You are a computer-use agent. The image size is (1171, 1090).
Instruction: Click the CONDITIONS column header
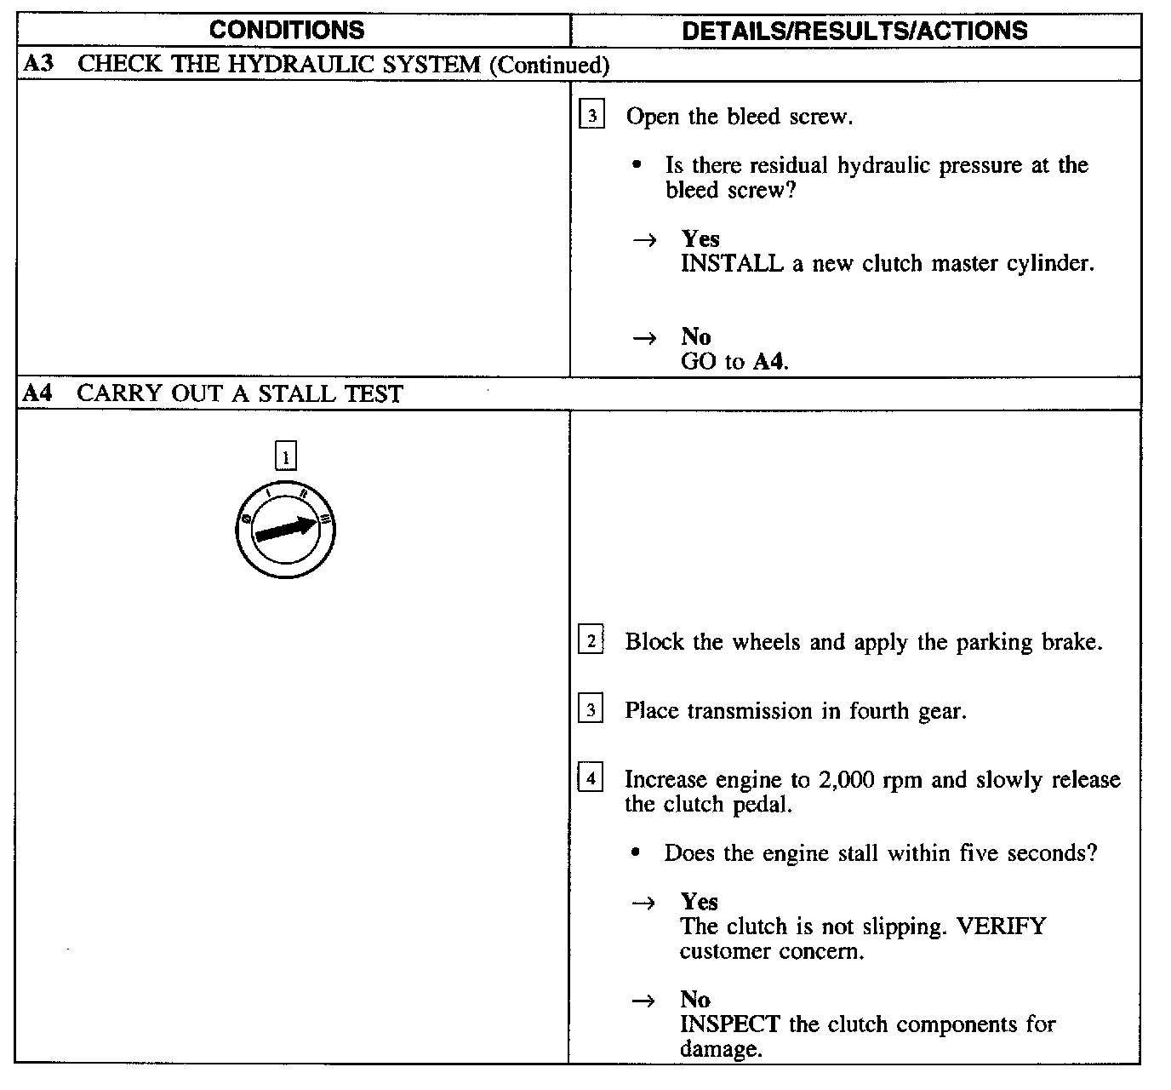tap(287, 31)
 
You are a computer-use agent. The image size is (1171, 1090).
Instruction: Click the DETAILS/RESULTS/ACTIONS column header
tap(854, 31)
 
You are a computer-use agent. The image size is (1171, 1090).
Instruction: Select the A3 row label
tap(39, 64)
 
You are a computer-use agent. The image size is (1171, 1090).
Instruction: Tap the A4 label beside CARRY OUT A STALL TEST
tap(39, 393)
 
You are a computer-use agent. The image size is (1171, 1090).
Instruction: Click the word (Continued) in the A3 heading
tap(549, 65)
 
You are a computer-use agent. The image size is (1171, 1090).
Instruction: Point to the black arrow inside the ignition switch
tap(286, 530)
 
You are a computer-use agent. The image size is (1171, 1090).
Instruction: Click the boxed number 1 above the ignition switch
tap(286, 456)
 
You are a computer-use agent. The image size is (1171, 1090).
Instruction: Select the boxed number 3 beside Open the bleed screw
tap(591, 115)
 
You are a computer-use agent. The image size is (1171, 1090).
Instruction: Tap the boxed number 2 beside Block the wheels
tap(591, 640)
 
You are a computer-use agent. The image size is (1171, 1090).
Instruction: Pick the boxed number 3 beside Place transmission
tap(591, 708)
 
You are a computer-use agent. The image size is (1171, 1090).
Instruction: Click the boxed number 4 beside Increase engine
tap(591, 777)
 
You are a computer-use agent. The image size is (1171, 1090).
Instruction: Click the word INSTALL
tap(732, 264)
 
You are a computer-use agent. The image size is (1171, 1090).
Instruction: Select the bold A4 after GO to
tap(769, 362)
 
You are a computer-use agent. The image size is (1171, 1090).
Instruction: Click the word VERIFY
tap(1001, 926)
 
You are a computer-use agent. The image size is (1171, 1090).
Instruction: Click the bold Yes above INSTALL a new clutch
tap(700, 238)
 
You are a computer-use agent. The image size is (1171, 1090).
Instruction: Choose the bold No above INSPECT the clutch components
tap(695, 1000)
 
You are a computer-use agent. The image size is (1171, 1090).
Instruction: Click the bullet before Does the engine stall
tap(635, 852)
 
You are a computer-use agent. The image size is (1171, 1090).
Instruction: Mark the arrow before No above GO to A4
tap(644, 338)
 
